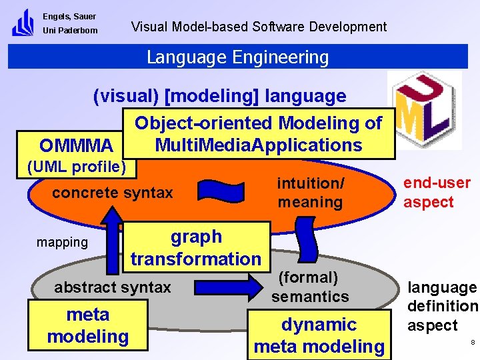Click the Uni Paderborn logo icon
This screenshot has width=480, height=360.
click(22, 23)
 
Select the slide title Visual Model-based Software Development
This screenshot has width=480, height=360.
click(259, 27)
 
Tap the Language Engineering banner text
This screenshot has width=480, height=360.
click(237, 57)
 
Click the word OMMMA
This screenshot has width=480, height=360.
click(76, 145)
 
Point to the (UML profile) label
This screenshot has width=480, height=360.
click(75, 166)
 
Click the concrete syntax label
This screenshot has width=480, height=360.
click(112, 193)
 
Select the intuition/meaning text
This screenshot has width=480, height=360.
click(310, 192)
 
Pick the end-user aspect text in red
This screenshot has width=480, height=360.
click(437, 192)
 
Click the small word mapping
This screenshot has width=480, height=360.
click(62, 242)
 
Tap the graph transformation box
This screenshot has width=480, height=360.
click(196, 247)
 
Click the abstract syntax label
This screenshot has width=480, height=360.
click(112, 287)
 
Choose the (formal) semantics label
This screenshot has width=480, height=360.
click(309, 287)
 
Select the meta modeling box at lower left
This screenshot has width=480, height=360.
click(87, 325)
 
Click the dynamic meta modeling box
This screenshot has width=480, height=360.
click(319, 335)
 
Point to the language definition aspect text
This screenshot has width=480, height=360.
click(442, 306)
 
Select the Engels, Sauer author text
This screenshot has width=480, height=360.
click(69, 16)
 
